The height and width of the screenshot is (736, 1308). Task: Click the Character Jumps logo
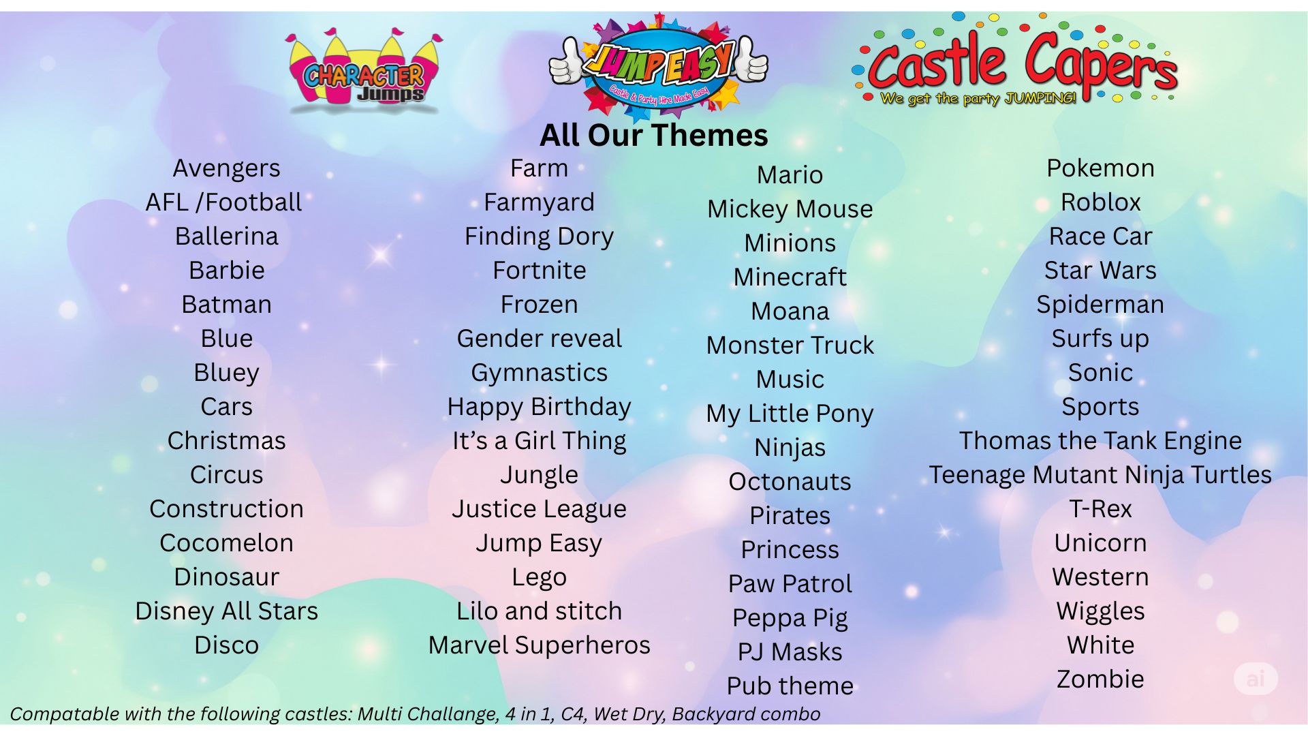pos(364,72)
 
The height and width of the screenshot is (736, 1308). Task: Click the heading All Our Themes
pos(653,135)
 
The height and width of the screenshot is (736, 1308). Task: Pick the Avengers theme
pos(226,168)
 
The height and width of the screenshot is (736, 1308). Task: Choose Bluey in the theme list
pos(226,373)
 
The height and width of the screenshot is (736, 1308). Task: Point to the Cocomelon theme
pos(226,543)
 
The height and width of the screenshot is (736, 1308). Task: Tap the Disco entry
pos(226,645)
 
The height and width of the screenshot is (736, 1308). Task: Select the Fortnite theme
pos(539,271)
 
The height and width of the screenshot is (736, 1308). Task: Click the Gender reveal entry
pos(539,339)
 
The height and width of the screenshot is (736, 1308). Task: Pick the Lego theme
pos(539,577)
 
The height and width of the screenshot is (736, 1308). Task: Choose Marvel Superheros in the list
pos(539,645)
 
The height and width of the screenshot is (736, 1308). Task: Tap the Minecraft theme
pos(790,277)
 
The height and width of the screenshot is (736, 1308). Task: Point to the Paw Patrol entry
pos(790,584)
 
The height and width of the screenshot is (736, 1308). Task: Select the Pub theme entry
pos(790,686)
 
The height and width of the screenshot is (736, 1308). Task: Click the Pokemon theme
pos(1100,168)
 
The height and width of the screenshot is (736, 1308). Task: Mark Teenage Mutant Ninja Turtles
pos(1100,475)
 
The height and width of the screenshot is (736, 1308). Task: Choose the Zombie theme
pos(1100,679)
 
